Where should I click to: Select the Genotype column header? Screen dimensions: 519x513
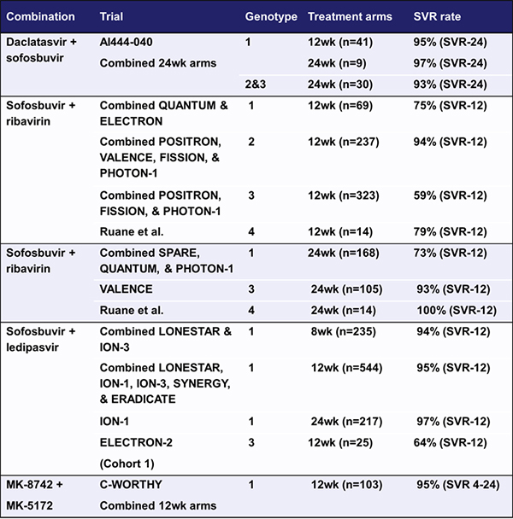pos(270,17)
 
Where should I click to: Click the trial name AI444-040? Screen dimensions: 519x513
pos(131,40)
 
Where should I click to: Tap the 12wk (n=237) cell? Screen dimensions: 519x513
pos(343,142)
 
